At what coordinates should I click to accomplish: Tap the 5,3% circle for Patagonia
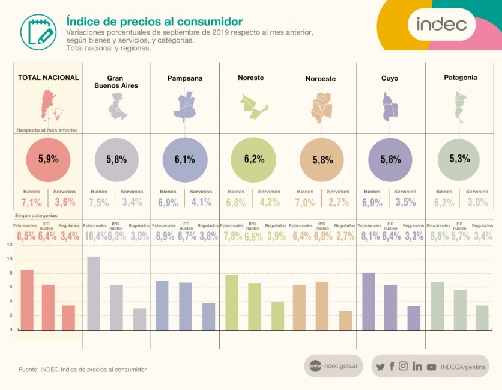[459, 159]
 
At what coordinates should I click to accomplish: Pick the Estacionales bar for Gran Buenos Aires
[94, 293]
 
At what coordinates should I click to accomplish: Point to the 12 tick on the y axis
[9, 245]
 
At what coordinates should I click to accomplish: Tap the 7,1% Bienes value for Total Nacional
[31, 202]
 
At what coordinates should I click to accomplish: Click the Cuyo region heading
[389, 78]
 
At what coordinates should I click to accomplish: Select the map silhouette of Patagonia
[461, 106]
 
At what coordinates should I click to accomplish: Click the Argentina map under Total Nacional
[48, 106]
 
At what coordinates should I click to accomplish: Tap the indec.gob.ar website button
[334, 365]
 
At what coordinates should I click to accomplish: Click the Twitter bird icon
[380, 367]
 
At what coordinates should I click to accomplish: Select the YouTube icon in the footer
[431, 367]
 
